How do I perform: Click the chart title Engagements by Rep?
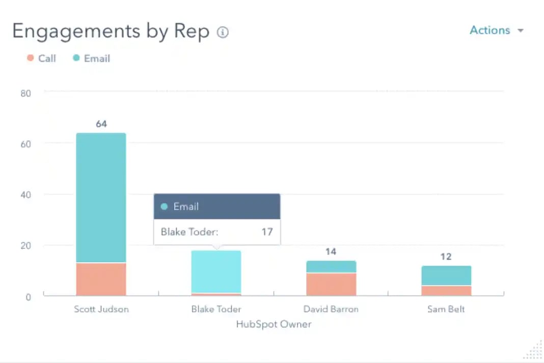click(x=111, y=32)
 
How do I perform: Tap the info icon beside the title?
click(x=223, y=32)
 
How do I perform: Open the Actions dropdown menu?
click(x=496, y=30)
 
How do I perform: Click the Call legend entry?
click(x=41, y=58)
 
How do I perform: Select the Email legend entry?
click(x=92, y=58)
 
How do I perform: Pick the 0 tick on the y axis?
click(x=29, y=296)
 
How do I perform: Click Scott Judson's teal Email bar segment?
click(x=101, y=198)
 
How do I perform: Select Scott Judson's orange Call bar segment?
click(x=101, y=279)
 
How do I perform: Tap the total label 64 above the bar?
click(x=101, y=124)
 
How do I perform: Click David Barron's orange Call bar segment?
click(x=331, y=284)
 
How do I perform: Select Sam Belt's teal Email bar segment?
click(x=446, y=275)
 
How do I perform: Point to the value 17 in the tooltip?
click(x=267, y=232)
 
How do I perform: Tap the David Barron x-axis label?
click(x=331, y=309)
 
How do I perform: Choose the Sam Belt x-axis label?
click(x=446, y=309)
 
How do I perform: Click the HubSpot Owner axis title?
click(x=274, y=324)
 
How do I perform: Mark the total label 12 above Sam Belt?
click(x=446, y=256)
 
